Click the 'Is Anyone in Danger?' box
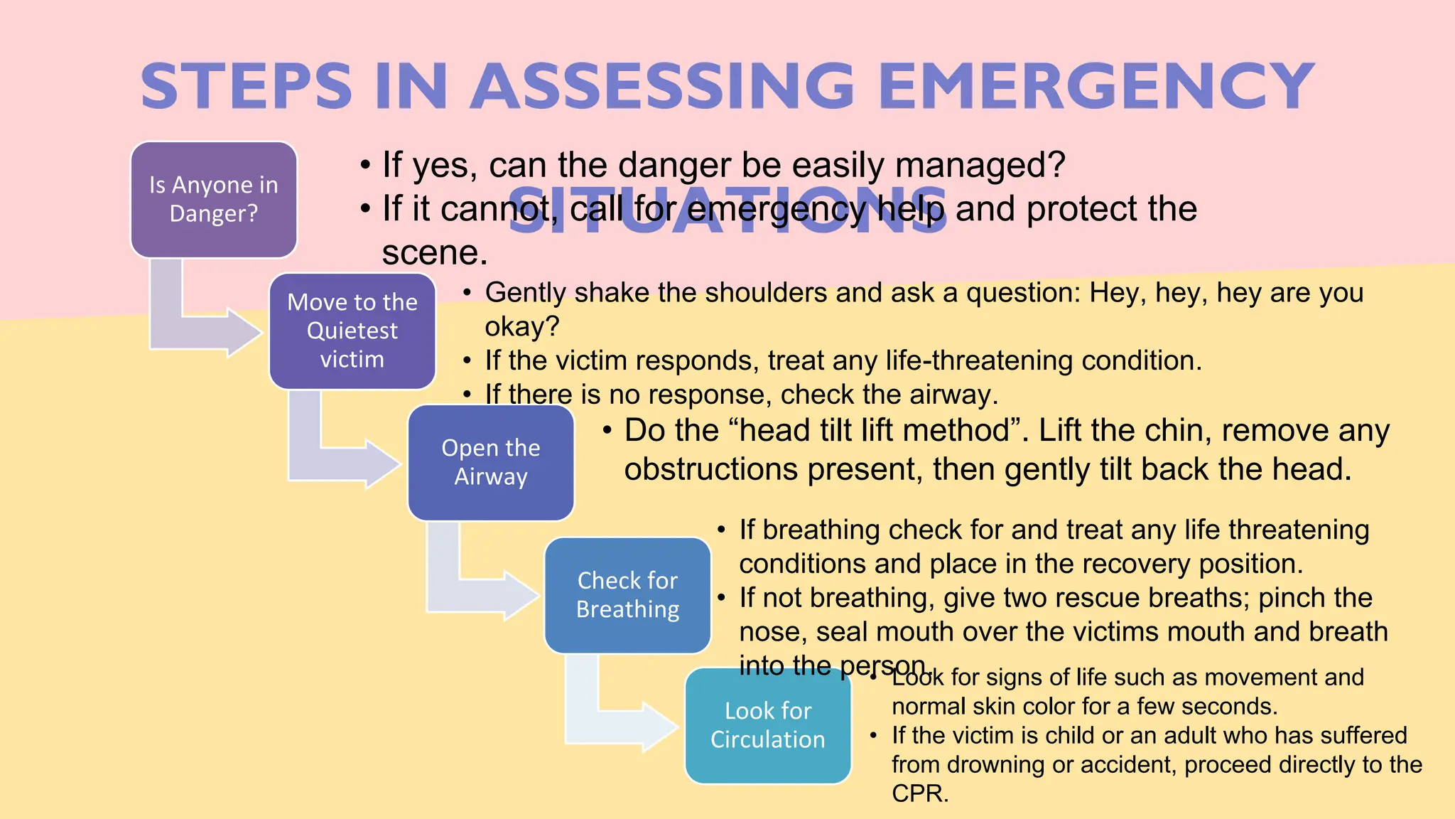(x=213, y=199)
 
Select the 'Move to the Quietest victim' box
(x=352, y=331)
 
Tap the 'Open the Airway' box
(x=490, y=462)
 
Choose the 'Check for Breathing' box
(x=627, y=595)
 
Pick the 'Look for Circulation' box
(x=767, y=725)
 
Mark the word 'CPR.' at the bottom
(x=920, y=793)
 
